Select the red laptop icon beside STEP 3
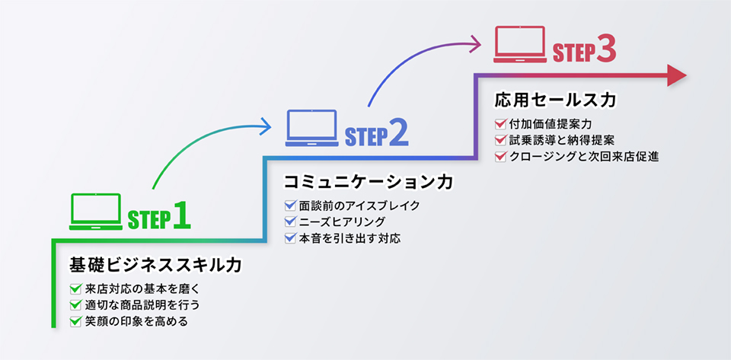520,44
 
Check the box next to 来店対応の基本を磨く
75,288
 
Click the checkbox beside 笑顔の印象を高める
75,321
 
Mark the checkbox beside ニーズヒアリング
289,221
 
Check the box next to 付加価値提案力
500,123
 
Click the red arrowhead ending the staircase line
677,75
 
